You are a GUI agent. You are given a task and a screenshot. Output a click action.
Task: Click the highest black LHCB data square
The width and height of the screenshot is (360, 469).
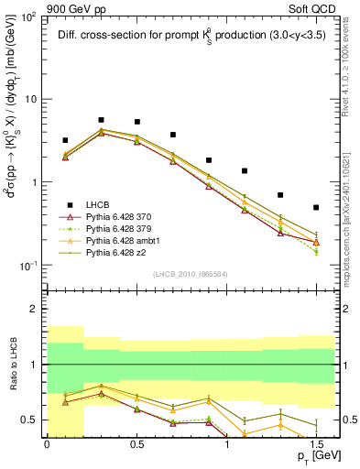pos(101,120)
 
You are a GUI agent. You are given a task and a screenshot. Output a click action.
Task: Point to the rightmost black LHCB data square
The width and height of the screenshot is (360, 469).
pos(316,208)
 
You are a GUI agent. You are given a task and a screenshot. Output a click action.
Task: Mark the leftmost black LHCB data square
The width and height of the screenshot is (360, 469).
pos(65,140)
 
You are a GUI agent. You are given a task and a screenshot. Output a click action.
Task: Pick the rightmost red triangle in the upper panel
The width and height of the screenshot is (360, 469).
pos(316,242)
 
